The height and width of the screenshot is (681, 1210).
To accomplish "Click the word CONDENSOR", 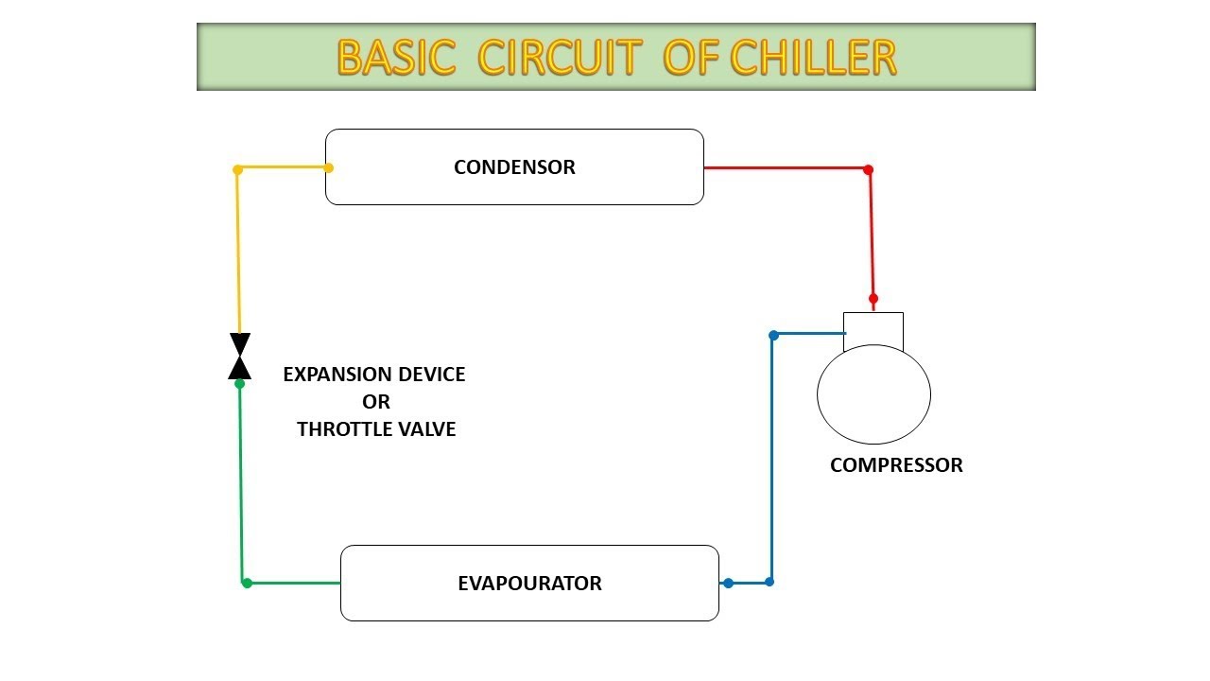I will [514, 167].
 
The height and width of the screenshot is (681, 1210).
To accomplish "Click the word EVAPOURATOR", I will [529, 583].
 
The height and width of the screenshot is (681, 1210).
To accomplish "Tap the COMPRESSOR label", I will [896, 465].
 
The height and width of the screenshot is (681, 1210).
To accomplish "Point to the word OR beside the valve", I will [376, 402].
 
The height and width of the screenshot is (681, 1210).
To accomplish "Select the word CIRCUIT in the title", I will [562, 58].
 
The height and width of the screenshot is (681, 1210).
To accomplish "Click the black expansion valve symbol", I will [240, 356].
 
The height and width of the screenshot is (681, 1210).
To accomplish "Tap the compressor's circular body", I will [873, 394].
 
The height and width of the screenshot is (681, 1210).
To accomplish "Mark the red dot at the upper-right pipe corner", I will [868, 169].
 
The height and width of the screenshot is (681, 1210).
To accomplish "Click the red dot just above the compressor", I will [873, 298].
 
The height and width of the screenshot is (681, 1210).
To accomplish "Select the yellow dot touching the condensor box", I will [329, 168].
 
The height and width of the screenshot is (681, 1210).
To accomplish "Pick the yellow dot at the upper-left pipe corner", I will [238, 169].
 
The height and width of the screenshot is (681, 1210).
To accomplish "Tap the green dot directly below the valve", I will [240, 383].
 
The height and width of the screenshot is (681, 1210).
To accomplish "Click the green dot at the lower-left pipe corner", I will [247, 583].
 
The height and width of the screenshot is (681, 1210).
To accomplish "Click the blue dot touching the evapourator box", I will [728, 583].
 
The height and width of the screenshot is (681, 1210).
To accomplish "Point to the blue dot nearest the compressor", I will [773, 335].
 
